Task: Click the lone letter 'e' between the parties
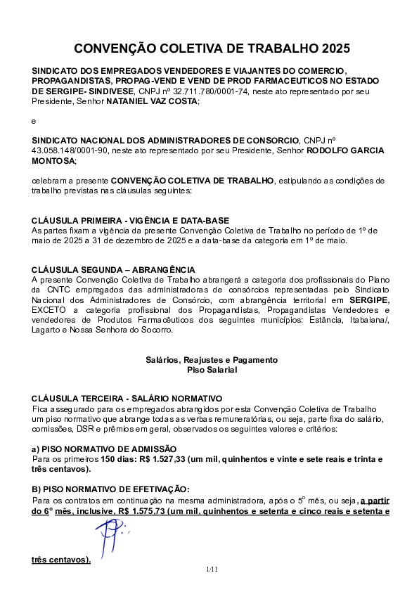pos(34,122)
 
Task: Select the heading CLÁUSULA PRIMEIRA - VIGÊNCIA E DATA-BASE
pos(131,221)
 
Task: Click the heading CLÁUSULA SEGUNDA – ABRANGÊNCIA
pos(113,270)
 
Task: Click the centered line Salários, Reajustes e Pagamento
pos(212,360)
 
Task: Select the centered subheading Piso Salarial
pos(212,369)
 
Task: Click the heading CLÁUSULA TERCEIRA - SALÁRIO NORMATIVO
pos(127,398)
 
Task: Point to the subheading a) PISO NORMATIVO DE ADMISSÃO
pos(104,449)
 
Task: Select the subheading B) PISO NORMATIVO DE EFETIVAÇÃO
pos(111,489)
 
